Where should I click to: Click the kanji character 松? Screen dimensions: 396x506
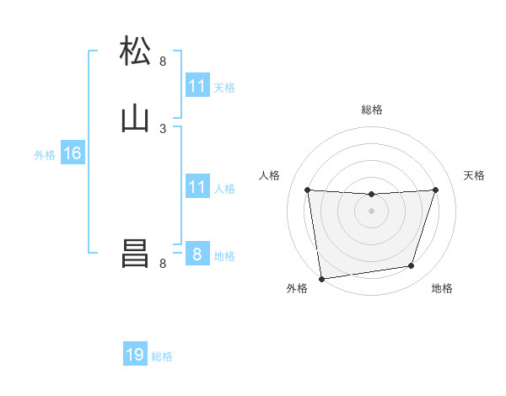(136, 51)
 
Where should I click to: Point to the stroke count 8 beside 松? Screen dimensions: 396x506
(163, 62)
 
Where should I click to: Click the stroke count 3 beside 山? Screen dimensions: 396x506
(163, 128)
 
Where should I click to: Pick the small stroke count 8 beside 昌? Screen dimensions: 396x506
(163, 264)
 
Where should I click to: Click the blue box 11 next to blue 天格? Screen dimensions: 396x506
(197, 86)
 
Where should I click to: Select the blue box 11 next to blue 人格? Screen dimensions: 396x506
(197, 187)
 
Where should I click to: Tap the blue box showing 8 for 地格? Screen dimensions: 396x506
(197, 254)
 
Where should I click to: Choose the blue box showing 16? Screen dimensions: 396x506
(73, 153)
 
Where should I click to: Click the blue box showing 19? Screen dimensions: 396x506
(135, 355)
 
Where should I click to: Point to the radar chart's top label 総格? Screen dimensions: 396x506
(371, 110)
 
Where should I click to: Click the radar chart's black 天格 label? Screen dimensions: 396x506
(474, 175)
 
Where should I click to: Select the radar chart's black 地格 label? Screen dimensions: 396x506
(442, 288)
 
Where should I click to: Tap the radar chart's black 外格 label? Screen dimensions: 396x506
(297, 288)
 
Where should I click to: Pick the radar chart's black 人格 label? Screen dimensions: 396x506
(269, 175)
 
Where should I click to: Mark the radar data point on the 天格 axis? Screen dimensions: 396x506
(435, 190)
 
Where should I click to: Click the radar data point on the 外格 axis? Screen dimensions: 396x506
(320, 278)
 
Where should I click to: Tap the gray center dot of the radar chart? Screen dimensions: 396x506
(371, 211)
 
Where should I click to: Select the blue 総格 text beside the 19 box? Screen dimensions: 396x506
(162, 356)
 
